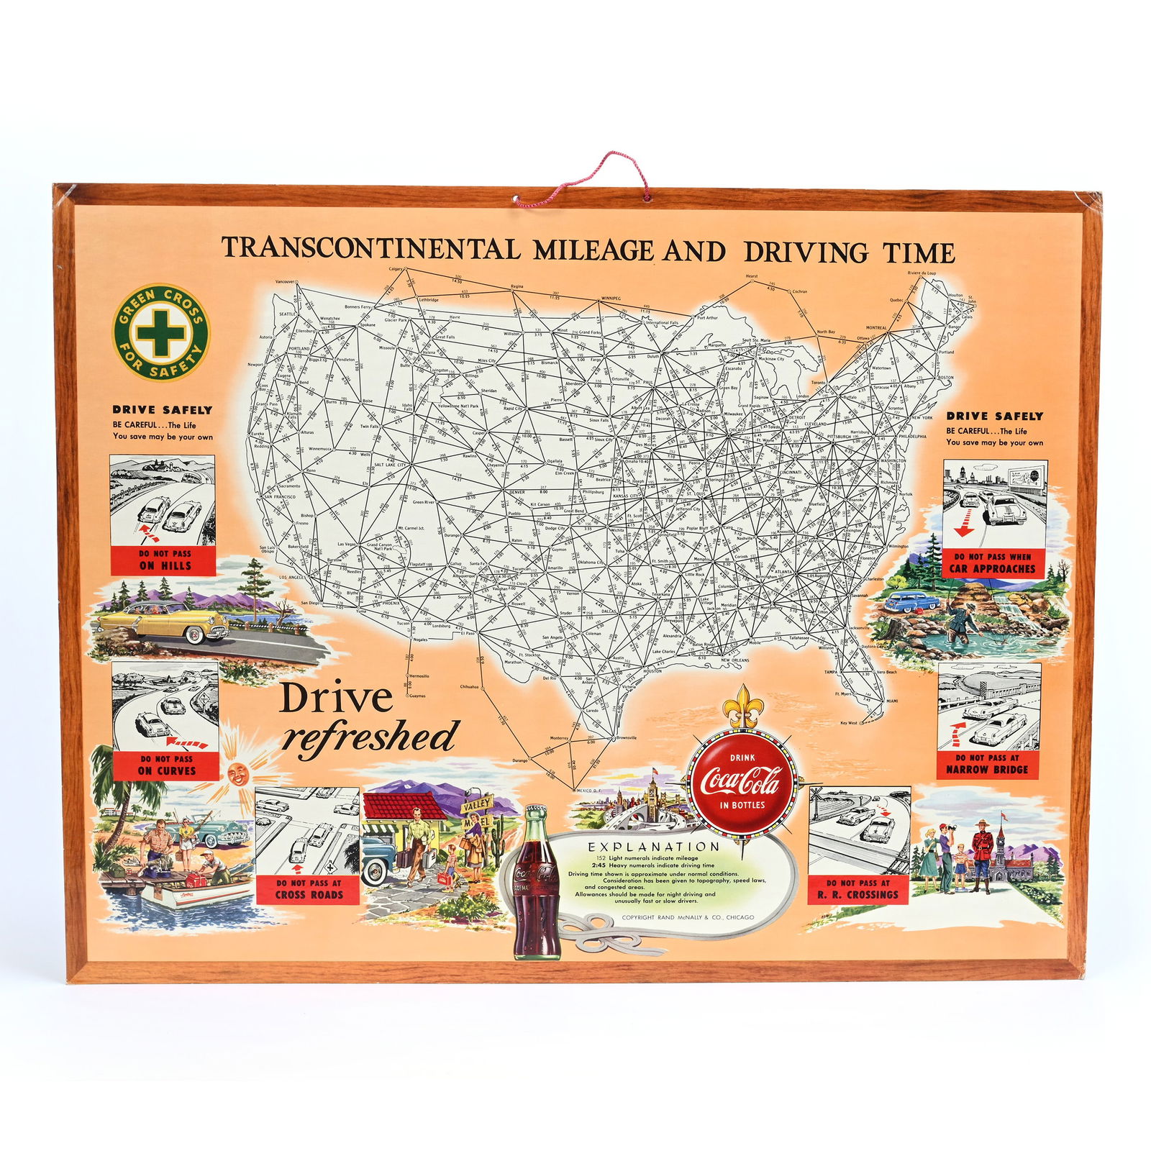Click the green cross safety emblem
pos(161,332)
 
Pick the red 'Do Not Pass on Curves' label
pos(166,765)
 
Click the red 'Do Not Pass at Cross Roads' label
pos(309,888)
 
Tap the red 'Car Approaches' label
pos(992,563)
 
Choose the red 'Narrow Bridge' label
pos(988,764)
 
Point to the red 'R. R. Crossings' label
pos(857,889)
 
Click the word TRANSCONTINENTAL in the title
pos(370,248)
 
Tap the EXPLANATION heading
pos(653,847)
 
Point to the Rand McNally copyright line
pos(688,917)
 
